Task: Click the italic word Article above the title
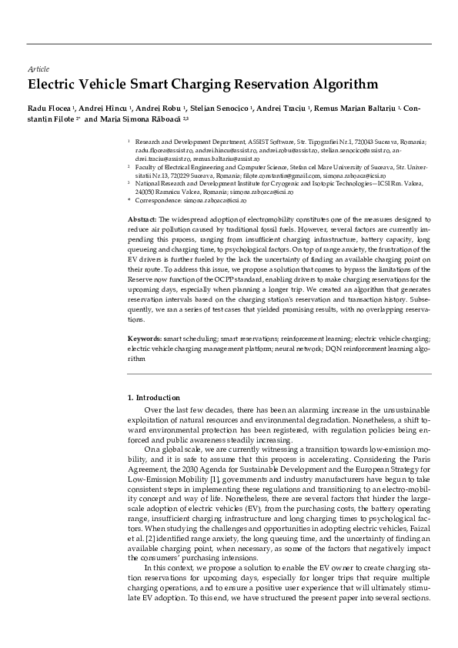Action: pos(38,69)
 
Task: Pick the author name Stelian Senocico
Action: pos(220,109)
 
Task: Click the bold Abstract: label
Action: pos(142,220)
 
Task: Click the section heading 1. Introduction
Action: pos(153,398)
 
